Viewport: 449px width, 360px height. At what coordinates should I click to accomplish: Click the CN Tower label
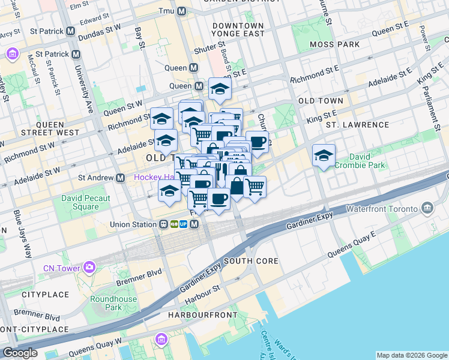point(62,268)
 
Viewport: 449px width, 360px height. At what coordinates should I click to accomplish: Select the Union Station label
point(133,224)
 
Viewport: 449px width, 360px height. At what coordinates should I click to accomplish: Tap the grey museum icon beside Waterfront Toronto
point(427,208)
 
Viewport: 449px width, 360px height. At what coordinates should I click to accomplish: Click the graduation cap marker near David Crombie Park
point(324,155)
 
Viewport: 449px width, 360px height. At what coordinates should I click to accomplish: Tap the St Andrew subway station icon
point(121,178)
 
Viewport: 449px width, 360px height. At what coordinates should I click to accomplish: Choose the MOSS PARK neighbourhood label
point(335,44)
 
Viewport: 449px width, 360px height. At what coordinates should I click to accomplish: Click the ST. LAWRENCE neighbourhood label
point(358,125)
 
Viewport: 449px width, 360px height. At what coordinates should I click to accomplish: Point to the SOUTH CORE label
point(251,261)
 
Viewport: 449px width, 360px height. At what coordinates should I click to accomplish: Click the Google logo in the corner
point(20,353)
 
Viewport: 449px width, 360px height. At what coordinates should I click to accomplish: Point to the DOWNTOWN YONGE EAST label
point(238,30)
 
